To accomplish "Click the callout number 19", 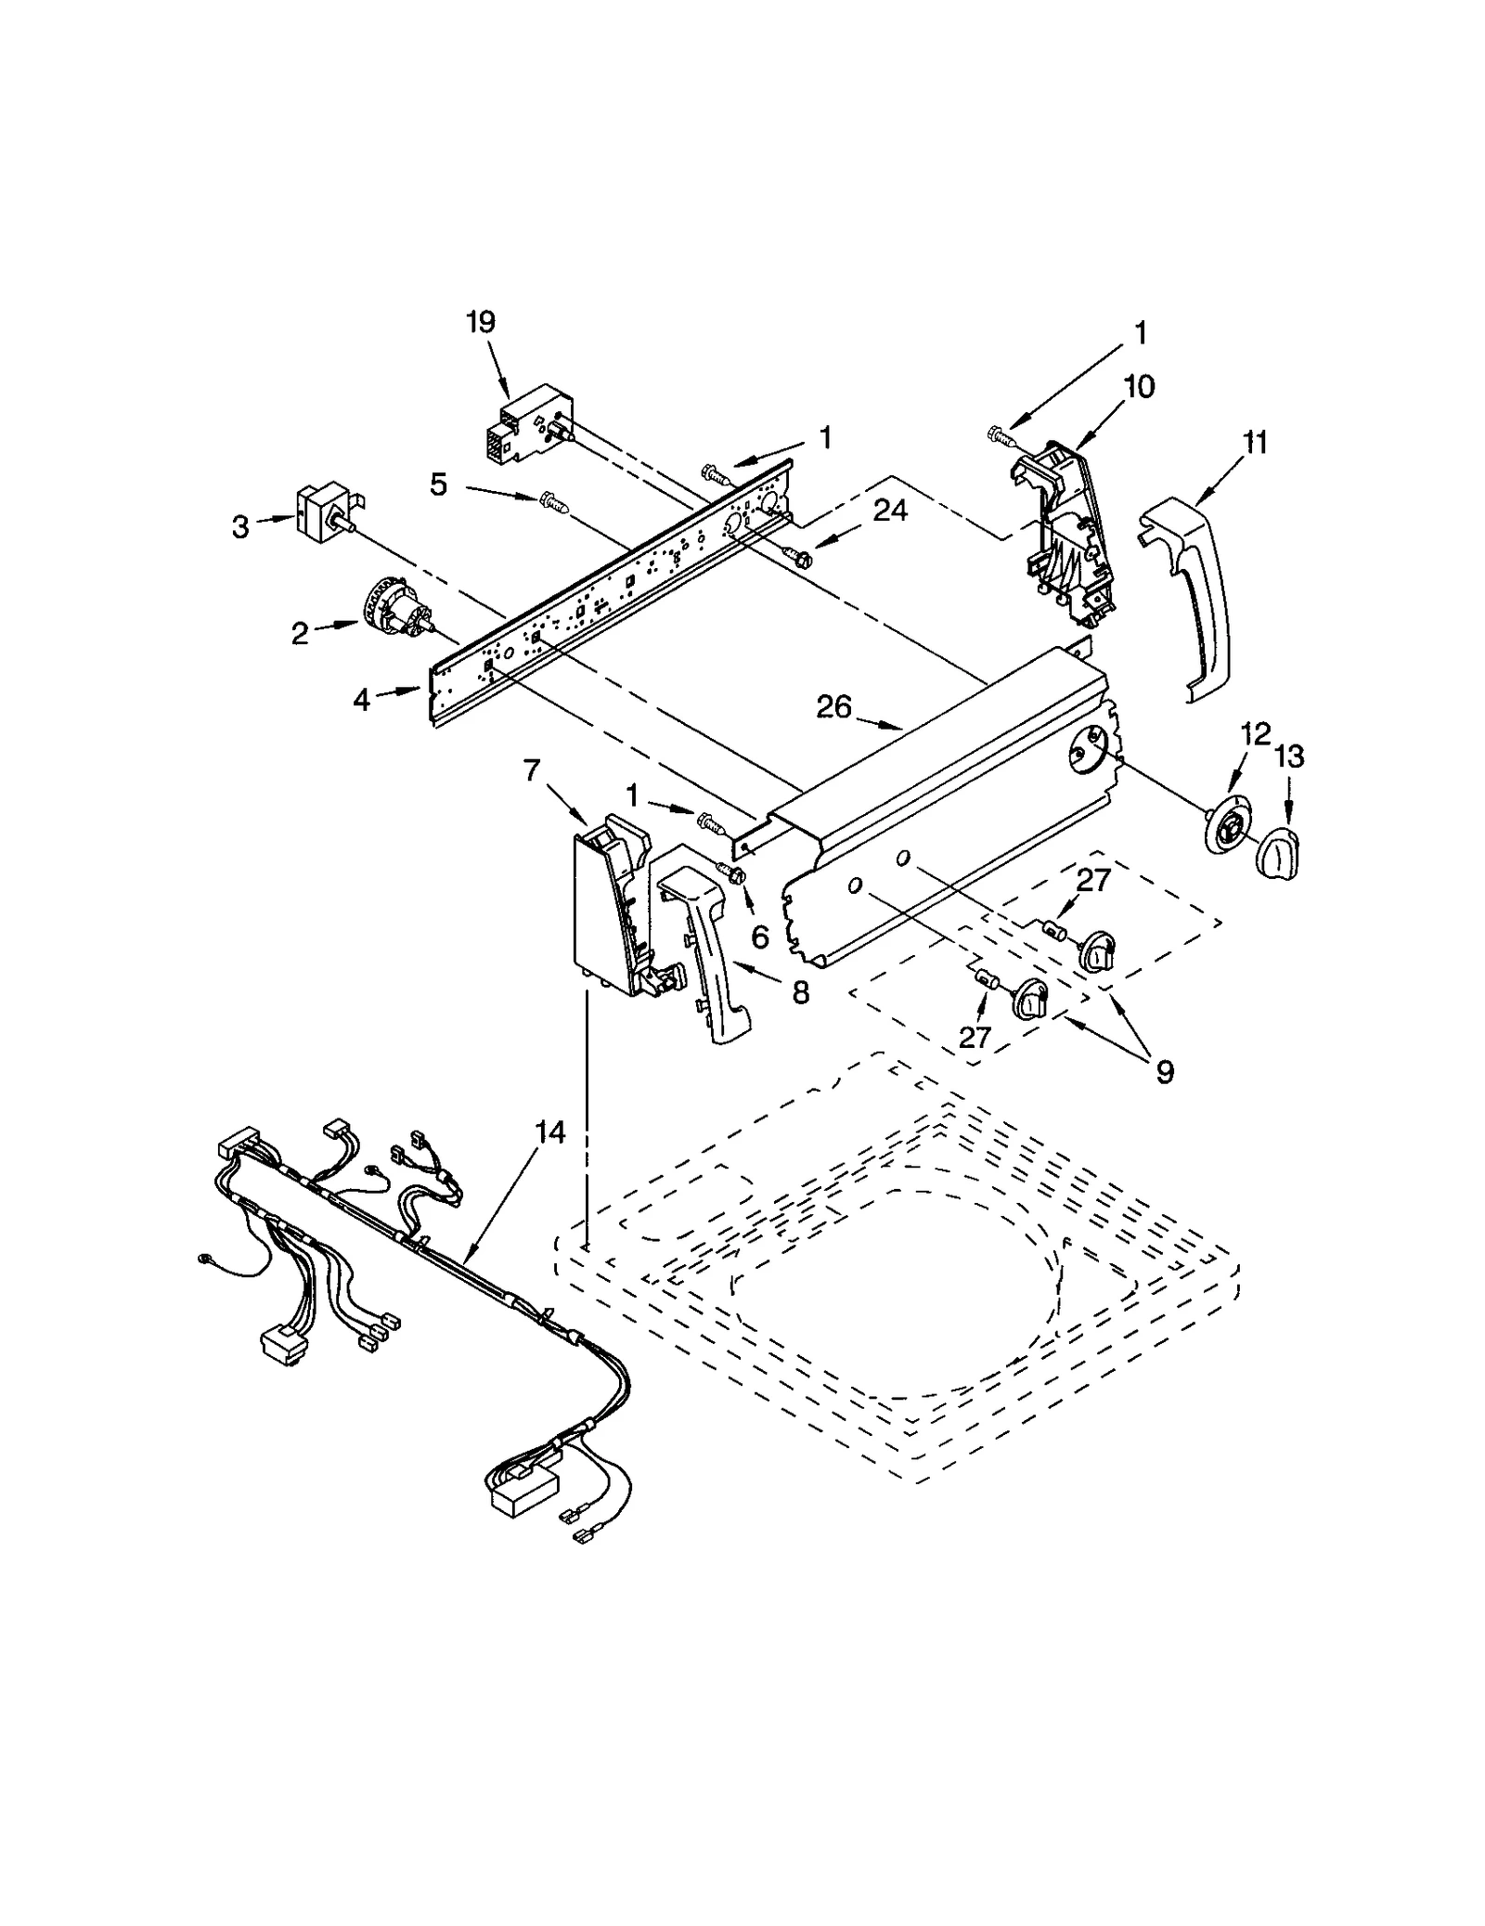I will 480,322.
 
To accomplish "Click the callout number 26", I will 833,707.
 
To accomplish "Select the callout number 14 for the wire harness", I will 549,1131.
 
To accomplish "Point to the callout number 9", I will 1163,1072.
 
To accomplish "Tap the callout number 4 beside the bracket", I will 361,700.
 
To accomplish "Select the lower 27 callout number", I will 975,1037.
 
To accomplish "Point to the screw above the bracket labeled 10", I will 998,433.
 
